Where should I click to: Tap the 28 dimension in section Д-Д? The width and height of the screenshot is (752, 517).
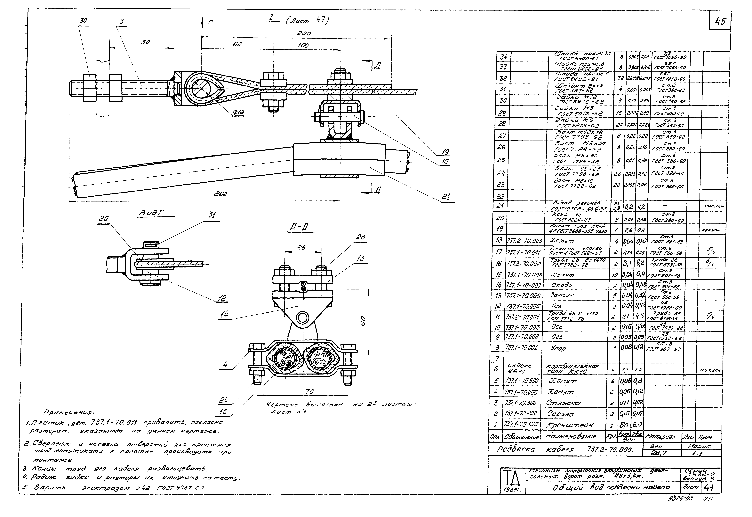click(x=301, y=247)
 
